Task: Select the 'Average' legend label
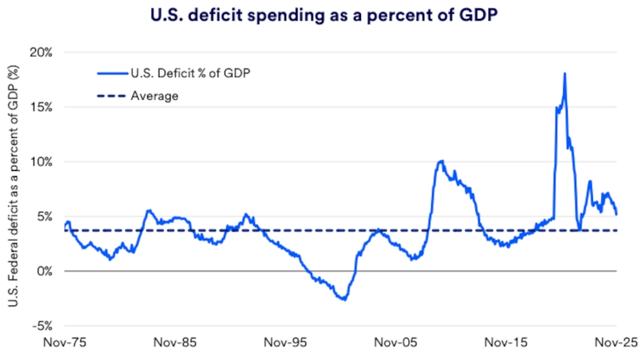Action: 154,96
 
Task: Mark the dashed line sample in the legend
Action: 111,96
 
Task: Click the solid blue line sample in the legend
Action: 111,73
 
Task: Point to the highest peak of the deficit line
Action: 564,74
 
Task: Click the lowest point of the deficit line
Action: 344,300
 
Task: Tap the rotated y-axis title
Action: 13,186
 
